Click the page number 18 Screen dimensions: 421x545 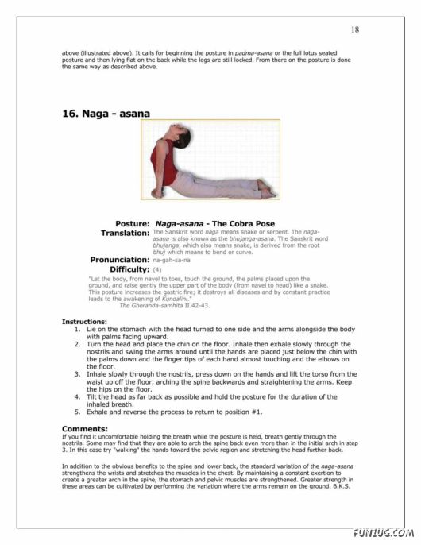355,29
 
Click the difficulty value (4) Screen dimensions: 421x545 157,270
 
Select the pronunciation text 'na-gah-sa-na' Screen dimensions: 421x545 171,260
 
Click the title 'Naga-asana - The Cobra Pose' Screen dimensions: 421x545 215,224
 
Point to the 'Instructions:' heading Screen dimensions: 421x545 84,322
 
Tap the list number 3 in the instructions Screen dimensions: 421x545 77,373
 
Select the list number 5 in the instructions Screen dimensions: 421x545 77,412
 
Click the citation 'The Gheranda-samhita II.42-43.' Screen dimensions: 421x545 164,305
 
